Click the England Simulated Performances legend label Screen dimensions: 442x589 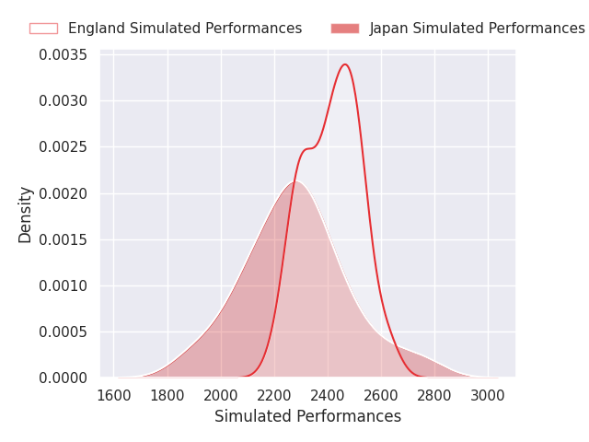184,29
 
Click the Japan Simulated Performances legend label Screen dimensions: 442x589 477,29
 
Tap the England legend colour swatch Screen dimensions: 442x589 43,29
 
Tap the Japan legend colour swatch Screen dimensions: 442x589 345,29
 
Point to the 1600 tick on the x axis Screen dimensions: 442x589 114,395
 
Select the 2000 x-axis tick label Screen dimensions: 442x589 221,395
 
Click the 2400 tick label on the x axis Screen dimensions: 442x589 328,395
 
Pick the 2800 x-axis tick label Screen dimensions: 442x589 434,395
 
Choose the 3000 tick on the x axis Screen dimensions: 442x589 488,395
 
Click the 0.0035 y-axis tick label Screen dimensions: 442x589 63,55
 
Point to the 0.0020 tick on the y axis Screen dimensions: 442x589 63,193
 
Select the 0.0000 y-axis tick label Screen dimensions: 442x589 63,378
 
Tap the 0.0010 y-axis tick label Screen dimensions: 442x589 63,285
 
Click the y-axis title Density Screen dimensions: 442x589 26,215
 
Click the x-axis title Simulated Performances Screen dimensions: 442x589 307,416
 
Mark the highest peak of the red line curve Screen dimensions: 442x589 345,64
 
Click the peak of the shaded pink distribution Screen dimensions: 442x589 294,181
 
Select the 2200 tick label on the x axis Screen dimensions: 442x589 274,395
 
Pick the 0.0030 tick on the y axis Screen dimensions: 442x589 63,101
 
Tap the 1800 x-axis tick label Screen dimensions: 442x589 167,395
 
